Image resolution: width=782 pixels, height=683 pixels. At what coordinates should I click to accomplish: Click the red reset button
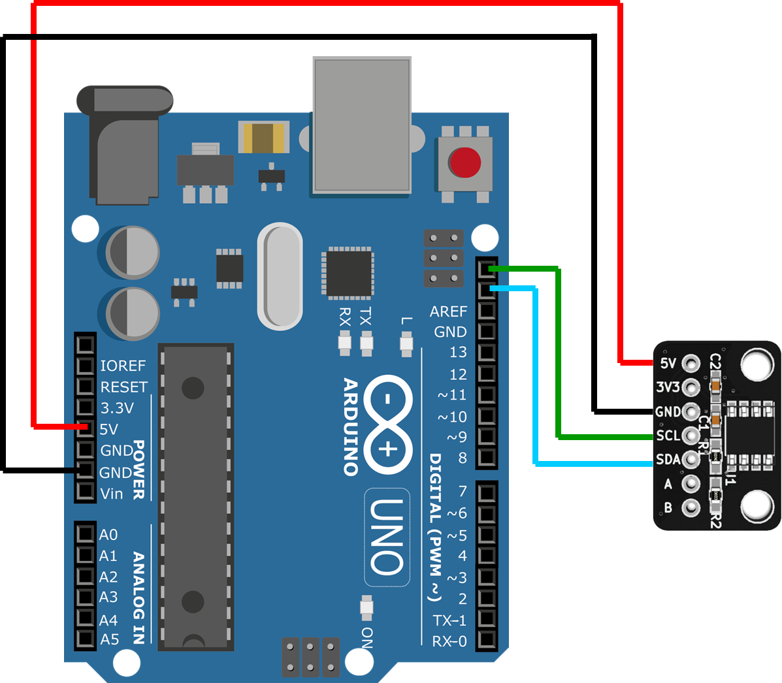[x=464, y=163]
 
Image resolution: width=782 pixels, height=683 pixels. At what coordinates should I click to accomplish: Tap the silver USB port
[x=362, y=125]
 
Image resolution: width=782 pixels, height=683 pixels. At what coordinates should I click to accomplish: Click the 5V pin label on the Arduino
[x=109, y=429]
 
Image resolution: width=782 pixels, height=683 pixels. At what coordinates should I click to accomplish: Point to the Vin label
[x=112, y=494]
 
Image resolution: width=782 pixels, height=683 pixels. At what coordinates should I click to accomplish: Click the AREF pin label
[x=448, y=311]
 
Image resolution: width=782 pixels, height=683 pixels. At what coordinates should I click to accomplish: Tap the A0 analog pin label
[x=108, y=535]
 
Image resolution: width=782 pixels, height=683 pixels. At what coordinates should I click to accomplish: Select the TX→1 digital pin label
[x=449, y=620]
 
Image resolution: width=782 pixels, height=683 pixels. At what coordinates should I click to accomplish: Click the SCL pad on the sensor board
[x=691, y=436]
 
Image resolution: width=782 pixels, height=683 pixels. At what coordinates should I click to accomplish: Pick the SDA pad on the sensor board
[x=691, y=460]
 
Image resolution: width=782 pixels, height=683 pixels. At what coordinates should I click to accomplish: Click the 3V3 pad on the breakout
[x=691, y=388]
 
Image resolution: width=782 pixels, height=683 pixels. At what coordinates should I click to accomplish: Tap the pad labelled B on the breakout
[x=691, y=507]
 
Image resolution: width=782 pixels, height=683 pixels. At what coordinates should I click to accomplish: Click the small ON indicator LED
[x=367, y=609]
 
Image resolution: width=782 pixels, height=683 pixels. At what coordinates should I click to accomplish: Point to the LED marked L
[x=406, y=343]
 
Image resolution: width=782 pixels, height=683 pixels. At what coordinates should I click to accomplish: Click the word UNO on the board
[x=387, y=537]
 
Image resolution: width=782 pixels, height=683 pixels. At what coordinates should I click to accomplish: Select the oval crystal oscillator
[x=280, y=276]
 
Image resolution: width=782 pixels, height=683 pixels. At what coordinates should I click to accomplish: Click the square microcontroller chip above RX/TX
[x=348, y=273]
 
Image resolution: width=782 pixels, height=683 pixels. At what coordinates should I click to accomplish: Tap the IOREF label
[x=123, y=366]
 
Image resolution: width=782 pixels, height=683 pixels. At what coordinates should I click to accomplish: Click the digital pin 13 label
[x=458, y=353]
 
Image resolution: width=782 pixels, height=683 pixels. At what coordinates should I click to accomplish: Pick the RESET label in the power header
[x=124, y=387]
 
